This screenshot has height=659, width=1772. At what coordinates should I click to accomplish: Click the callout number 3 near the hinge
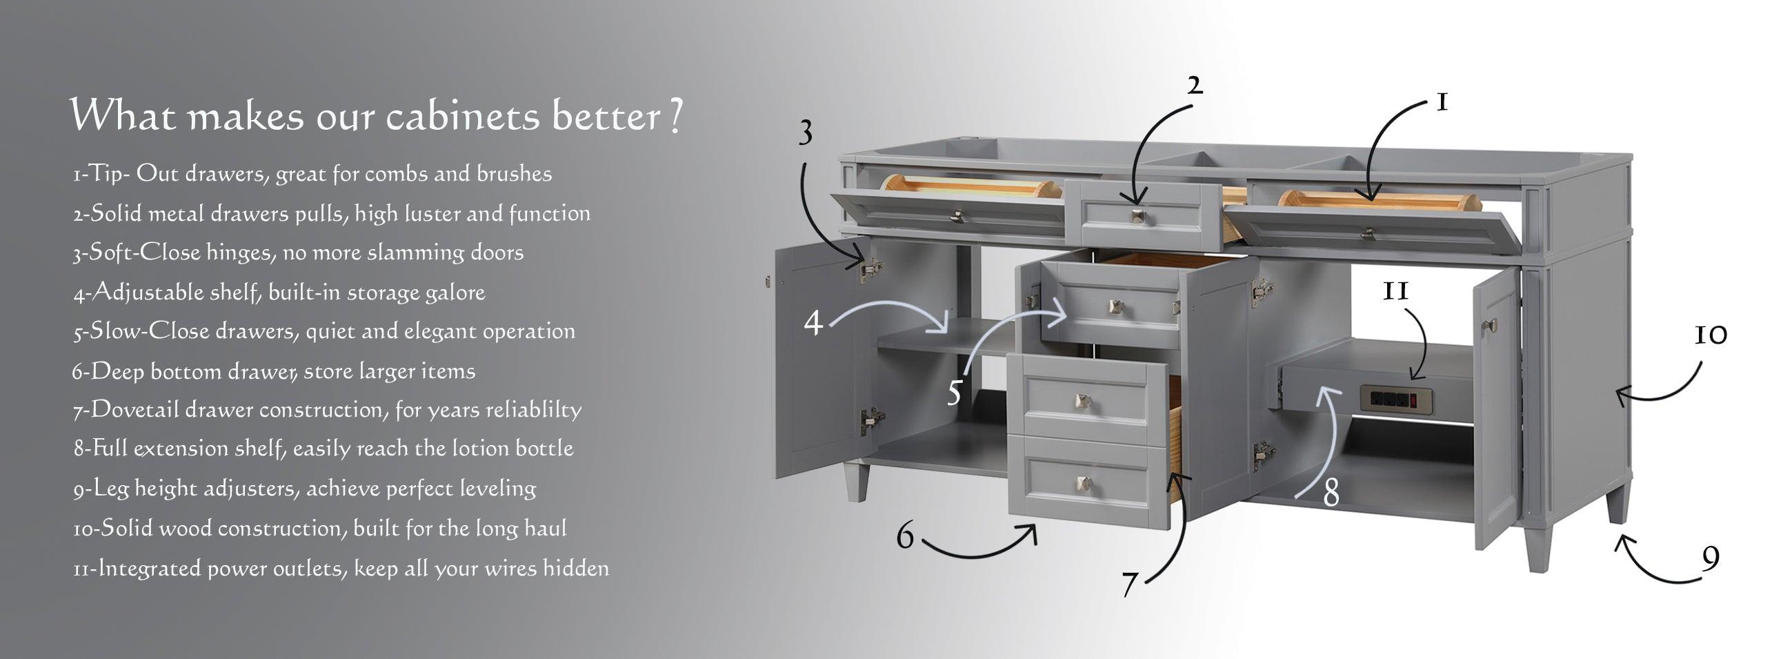point(806,134)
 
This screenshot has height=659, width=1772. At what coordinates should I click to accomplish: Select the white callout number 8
point(1331,493)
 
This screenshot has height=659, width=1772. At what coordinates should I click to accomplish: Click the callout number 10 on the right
point(1711,335)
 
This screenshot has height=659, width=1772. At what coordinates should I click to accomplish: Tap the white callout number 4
point(814,322)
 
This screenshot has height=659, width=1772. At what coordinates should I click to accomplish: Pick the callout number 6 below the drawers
point(906,536)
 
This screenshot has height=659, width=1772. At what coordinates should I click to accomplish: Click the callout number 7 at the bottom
point(1129,584)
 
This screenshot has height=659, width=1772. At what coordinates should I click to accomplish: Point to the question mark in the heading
point(676,116)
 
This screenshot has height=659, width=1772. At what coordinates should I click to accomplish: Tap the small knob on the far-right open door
point(1494,324)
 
